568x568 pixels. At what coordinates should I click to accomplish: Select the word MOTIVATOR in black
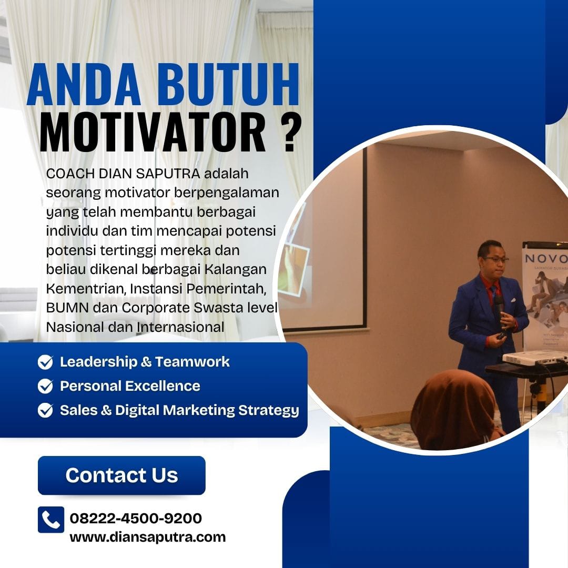(x=153, y=132)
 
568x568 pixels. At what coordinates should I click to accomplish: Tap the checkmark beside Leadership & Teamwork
(x=45, y=361)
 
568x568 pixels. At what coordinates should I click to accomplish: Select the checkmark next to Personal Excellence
(x=45, y=386)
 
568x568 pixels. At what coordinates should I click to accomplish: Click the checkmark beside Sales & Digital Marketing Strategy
(x=45, y=410)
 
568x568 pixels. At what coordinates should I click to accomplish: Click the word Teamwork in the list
(x=192, y=361)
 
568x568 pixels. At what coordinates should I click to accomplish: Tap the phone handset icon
(x=51, y=520)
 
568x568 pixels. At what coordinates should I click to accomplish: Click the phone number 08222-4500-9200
(x=136, y=518)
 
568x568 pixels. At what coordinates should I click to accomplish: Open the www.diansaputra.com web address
(x=148, y=537)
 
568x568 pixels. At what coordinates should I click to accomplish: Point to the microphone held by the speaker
(x=499, y=307)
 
